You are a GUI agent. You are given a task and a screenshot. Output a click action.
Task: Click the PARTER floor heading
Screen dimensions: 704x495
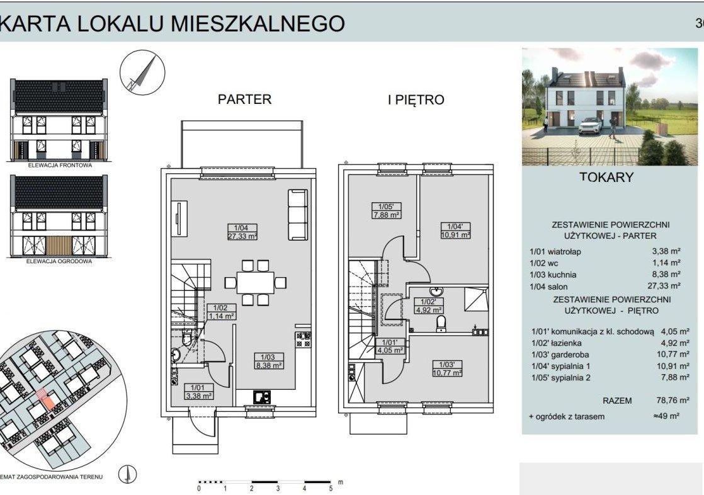coord(245,99)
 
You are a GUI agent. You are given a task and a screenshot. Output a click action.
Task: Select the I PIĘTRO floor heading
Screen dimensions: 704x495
coord(416,100)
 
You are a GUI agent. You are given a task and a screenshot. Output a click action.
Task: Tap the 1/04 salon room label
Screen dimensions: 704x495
coord(242,232)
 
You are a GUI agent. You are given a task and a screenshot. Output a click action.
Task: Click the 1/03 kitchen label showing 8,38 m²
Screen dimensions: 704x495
coord(268,361)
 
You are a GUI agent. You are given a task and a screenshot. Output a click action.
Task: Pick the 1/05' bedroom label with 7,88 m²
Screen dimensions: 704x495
coord(386,211)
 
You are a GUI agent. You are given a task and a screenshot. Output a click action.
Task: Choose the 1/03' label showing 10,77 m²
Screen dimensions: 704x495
coord(447,368)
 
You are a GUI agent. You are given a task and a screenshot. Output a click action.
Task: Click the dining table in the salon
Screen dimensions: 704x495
coord(256,283)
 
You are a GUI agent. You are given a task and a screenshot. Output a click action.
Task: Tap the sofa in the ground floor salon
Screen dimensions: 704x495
coord(298,215)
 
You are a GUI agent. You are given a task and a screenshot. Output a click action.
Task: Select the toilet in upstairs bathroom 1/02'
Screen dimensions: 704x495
coord(441,324)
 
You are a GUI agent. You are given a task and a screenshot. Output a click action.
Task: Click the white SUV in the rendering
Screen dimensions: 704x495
coord(591,126)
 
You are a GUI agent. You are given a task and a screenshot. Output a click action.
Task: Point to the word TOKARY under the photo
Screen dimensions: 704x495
coord(606,177)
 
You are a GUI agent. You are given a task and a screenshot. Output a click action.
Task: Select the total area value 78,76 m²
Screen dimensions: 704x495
coord(673,400)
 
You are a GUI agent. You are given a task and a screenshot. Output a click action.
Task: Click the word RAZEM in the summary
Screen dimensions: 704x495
coord(617,401)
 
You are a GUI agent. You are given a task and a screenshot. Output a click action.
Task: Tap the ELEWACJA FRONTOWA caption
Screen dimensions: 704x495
coord(60,165)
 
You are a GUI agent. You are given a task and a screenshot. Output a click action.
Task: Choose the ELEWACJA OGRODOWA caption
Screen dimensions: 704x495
coord(59,261)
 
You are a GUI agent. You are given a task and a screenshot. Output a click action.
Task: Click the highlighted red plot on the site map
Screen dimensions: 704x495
coord(46,399)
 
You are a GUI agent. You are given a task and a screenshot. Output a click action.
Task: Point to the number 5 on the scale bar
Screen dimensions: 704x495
coord(331,488)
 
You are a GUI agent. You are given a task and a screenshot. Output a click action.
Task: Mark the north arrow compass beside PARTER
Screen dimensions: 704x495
coord(142,72)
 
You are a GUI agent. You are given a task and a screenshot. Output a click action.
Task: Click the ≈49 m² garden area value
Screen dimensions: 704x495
coord(666,416)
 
